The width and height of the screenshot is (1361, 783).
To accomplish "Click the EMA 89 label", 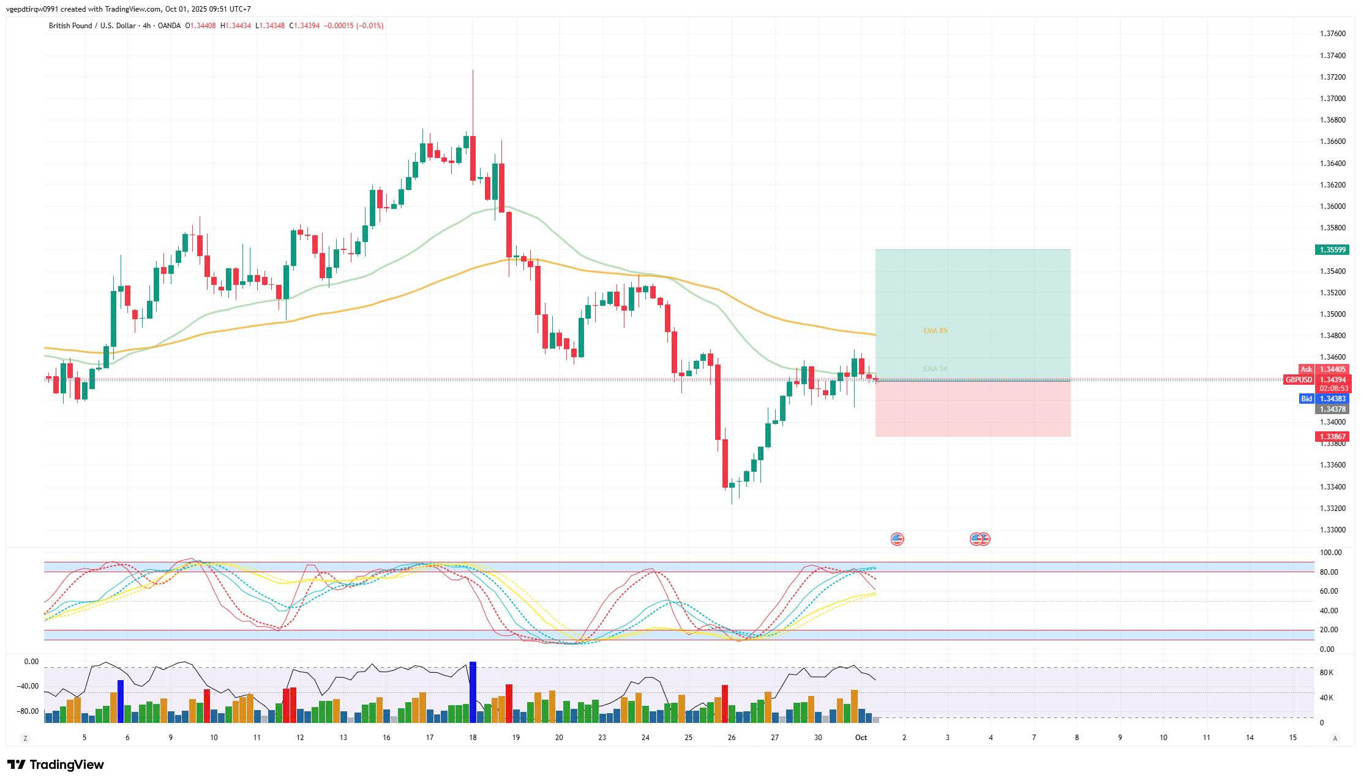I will [x=935, y=331].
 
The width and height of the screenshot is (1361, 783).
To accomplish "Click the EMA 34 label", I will [x=935, y=369].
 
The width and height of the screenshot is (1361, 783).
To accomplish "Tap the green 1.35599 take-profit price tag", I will [x=1332, y=250].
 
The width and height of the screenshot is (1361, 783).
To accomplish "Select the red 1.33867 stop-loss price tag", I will [x=1332, y=437].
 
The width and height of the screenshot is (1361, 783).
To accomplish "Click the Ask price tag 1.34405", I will [x=1332, y=369].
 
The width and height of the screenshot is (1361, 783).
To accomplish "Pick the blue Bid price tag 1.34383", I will [x=1332, y=399].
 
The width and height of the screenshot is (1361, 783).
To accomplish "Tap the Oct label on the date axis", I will [x=861, y=738].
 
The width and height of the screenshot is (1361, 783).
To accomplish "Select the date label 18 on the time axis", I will [x=473, y=738].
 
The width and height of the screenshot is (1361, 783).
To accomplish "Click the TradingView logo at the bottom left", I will [x=56, y=765].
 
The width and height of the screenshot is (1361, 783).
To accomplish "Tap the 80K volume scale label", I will [x=1326, y=673].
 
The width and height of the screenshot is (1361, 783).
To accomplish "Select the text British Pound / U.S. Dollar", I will [x=92, y=26].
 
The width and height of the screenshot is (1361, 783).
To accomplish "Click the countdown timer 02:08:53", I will [x=1334, y=388].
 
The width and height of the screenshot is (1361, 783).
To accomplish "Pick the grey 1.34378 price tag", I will [x=1332, y=409].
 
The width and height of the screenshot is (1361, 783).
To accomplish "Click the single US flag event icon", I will [x=897, y=539].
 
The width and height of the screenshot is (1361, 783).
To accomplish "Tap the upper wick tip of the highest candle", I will [x=473, y=70].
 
